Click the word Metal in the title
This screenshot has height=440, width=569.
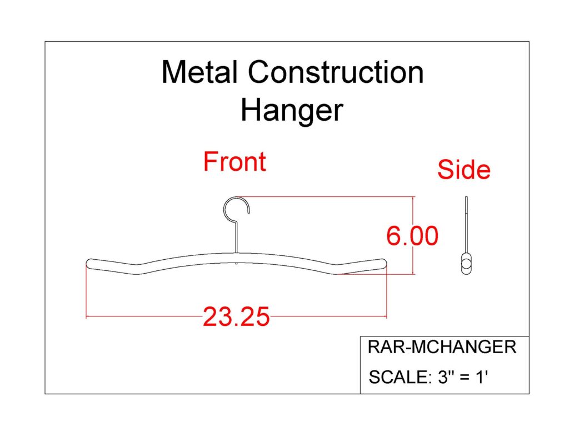[200, 73]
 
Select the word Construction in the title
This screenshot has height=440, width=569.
[336, 73]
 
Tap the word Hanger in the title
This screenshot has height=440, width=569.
[292, 110]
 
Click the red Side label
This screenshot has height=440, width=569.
[464, 170]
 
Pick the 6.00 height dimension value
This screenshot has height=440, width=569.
[412, 236]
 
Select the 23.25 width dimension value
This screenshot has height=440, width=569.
[236, 317]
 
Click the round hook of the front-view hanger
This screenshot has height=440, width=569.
[236, 209]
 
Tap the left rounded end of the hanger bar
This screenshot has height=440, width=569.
[91, 263]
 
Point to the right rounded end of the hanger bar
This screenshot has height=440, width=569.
[382, 263]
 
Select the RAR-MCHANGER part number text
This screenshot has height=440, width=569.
[442, 348]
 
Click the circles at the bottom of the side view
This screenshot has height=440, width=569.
[467, 263]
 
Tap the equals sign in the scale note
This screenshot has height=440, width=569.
[464, 378]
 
